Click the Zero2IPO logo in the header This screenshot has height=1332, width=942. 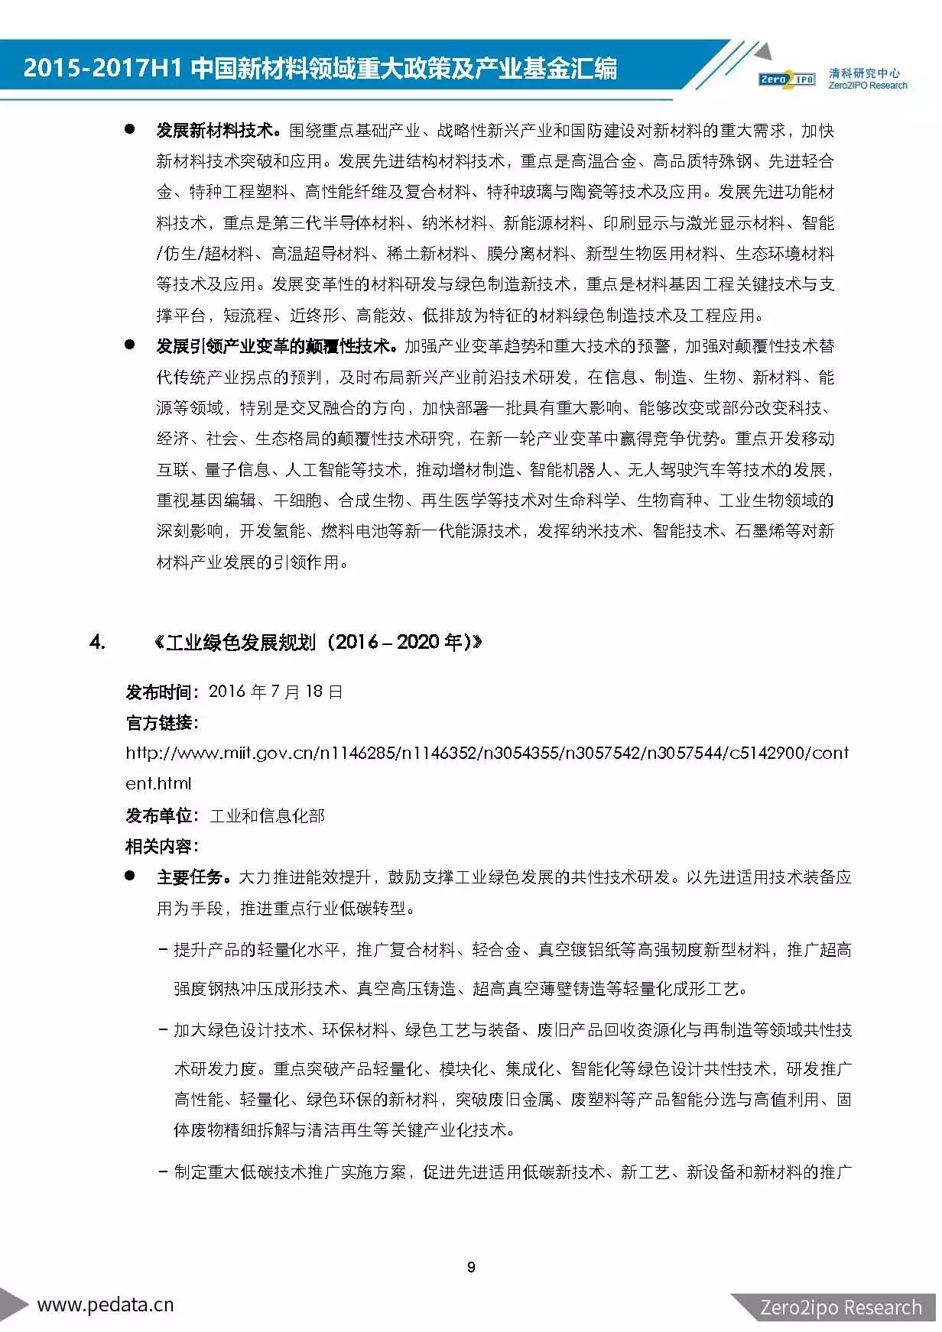(787, 79)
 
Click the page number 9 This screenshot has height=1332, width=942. (471, 1266)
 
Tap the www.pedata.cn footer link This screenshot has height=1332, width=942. (106, 1304)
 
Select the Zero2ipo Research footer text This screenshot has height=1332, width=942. (841, 1308)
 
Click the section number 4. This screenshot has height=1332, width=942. (97, 642)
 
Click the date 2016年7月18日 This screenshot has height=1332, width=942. (275, 692)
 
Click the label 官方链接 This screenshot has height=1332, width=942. (161, 723)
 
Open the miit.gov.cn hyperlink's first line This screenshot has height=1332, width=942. (487, 754)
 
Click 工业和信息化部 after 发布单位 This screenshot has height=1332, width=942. (268, 816)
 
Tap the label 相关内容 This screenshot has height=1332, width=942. (161, 847)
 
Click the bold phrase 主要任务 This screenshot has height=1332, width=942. (190, 877)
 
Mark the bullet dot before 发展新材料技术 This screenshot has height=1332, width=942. (130, 130)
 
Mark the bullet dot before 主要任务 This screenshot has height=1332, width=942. (130, 877)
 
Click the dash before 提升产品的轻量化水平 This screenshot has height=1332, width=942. (163, 950)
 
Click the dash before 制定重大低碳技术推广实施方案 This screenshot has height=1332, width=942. (163, 1172)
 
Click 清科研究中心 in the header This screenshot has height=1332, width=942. (864, 74)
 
